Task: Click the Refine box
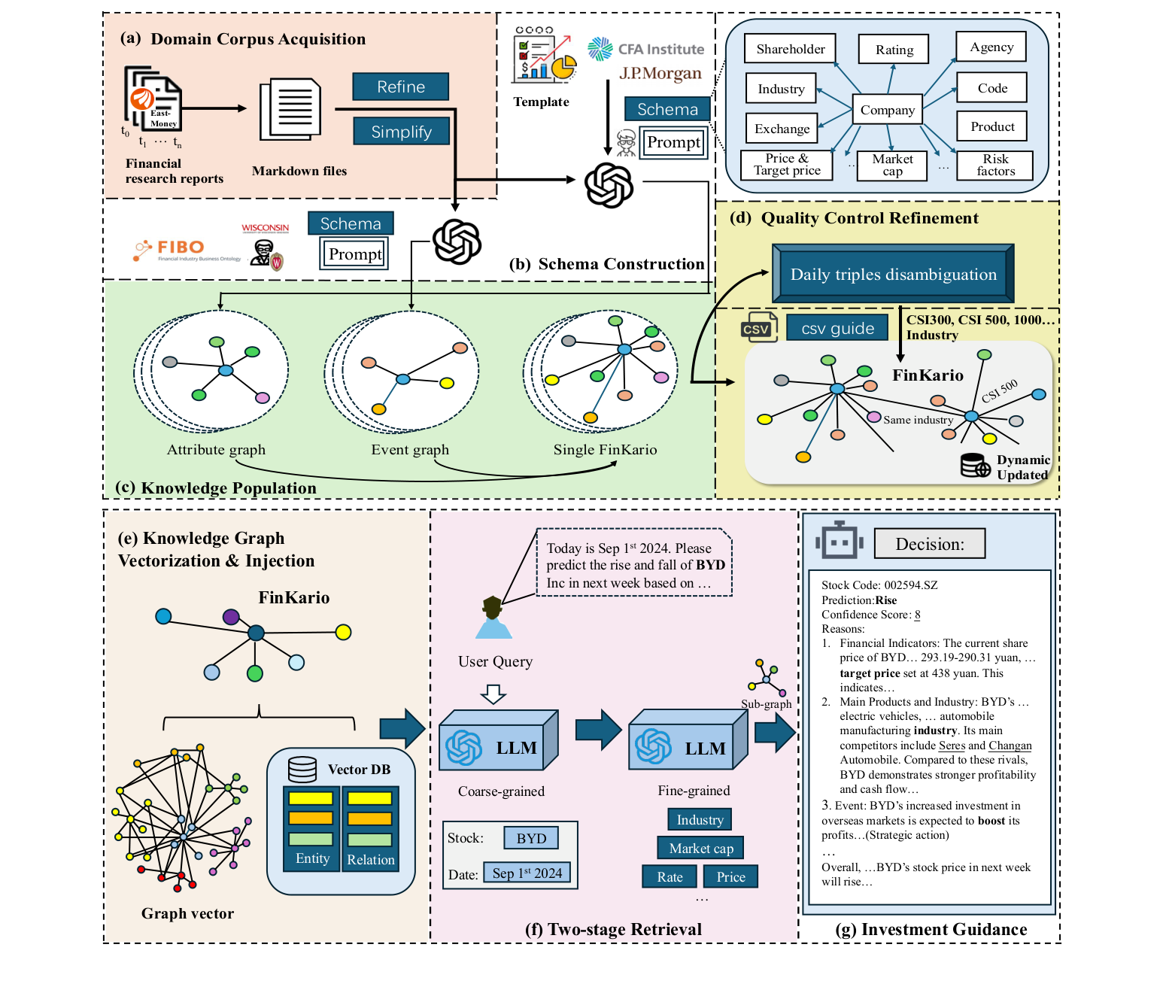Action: [400, 87]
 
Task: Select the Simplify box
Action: [401, 132]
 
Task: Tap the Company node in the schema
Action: [888, 110]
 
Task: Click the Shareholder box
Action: [790, 49]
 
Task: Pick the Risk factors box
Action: [994, 166]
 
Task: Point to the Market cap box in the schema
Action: [892, 166]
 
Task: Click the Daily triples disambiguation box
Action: [893, 274]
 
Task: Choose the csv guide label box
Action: [837, 328]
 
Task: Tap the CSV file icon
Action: [758, 327]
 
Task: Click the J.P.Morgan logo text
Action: [660, 74]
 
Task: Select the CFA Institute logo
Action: [645, 49]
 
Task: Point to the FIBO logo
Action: [170, 248]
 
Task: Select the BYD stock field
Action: [531, 838]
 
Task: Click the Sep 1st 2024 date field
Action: [527, 873]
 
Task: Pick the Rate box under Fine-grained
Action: [670, 876]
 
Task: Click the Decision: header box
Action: [929, 544]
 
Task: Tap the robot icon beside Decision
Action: [839, 541]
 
